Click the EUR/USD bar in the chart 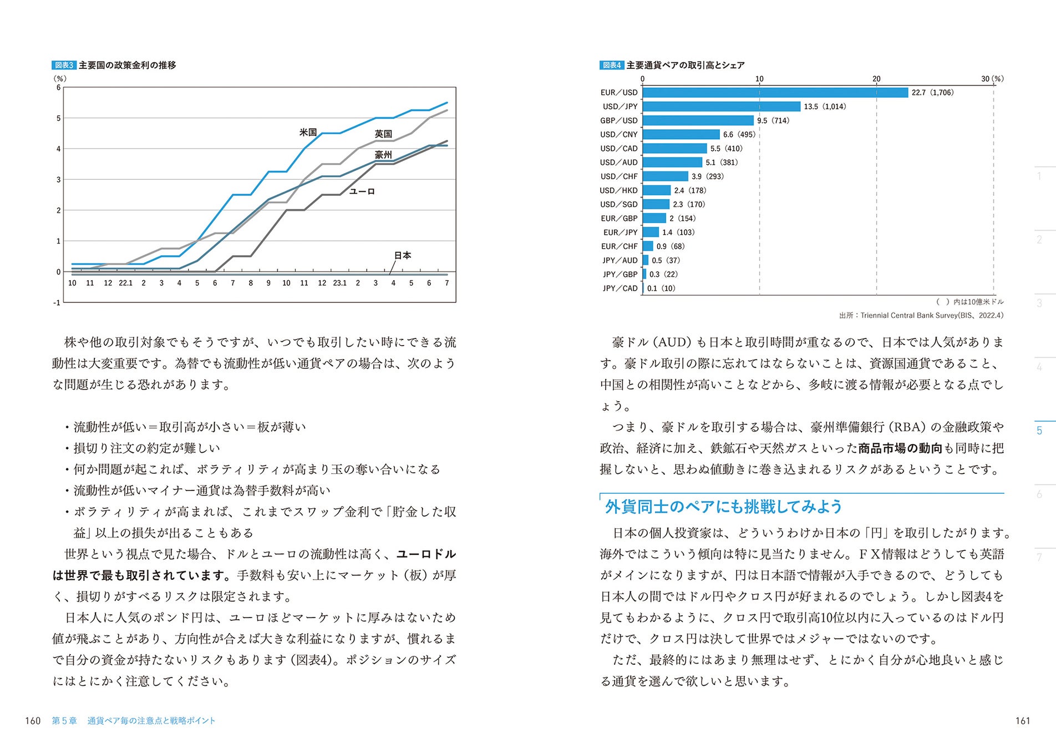point(775,93)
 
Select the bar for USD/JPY point(721,107)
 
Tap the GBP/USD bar point(698,120)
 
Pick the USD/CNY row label point(618,134)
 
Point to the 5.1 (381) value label point(722,163)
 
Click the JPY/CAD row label point(620,289)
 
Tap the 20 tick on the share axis point(876,79)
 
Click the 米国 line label point(308,132)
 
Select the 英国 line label point(383,134)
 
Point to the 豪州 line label point(383,155)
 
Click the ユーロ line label point(362,191)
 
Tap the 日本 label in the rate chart point(403,255)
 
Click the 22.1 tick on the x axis point(126,283)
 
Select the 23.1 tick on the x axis point(339,283)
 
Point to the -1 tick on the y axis point(57,302)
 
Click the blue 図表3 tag point(64,65)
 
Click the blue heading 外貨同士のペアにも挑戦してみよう point(723,507)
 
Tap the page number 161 point(1022,721)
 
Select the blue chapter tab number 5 point(1039,431)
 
